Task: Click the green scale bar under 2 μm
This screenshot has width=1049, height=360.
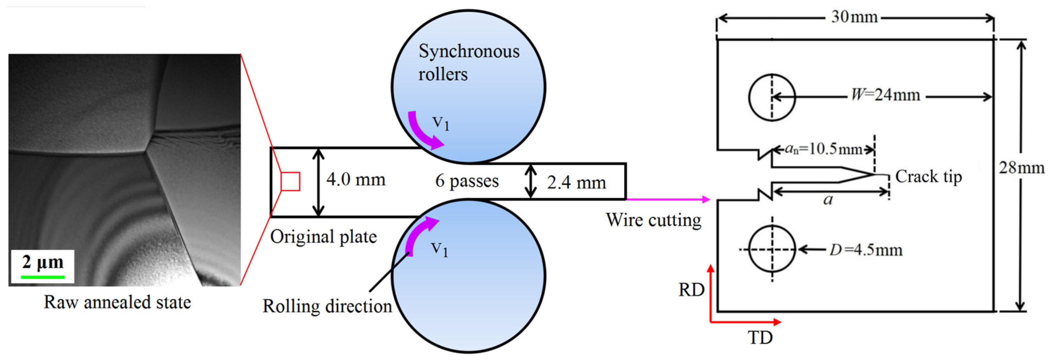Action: tap(43, 277)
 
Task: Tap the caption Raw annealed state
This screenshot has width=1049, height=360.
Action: tap(117, 303)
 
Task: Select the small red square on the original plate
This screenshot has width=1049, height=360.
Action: tap(291, 182)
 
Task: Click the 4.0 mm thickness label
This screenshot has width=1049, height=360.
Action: tap(355, 180)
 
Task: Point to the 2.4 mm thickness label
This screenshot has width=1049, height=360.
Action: tap(576, 183)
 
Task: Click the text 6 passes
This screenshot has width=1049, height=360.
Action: tap(467, 181)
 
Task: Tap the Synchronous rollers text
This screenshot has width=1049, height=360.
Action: tap(468, 63)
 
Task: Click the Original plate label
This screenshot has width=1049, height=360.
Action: tap(323, 237)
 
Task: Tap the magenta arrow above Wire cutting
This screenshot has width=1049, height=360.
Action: tap(668, 200)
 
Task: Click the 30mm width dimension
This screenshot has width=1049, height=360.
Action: tap(854, 17)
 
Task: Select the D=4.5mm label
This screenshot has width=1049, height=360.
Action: tap(866, 250)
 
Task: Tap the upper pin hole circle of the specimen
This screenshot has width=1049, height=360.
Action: tap(772, 97)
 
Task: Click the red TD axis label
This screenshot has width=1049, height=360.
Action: tap(760, 337)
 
